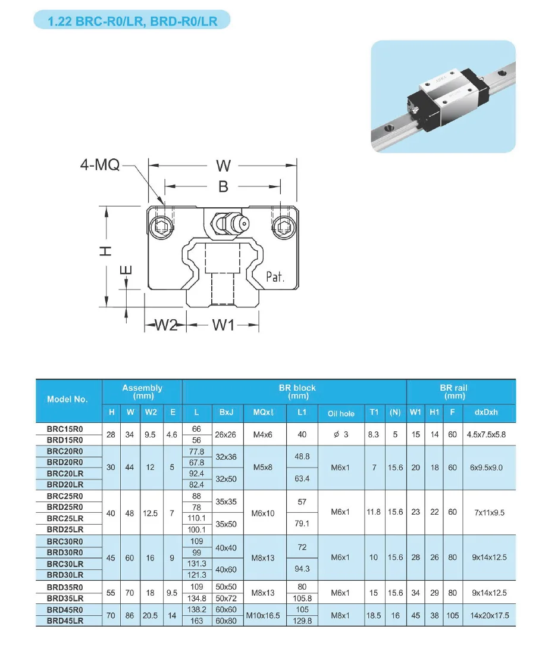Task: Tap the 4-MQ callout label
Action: [x=99, y=165]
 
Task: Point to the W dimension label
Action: [x=223, y=165]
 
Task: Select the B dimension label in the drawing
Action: [x=223, y=186]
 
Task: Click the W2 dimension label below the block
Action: [x=167, y=325]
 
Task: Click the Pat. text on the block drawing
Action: [x=274, y=276]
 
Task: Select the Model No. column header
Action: [x=67, y=399]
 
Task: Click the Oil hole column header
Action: [x=340, y=413]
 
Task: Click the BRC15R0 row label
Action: [x=65, y=429]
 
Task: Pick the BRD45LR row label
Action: [x=65, y=621]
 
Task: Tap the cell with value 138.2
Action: [x=196, y=609]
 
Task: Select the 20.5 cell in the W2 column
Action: [x=151, y=615]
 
